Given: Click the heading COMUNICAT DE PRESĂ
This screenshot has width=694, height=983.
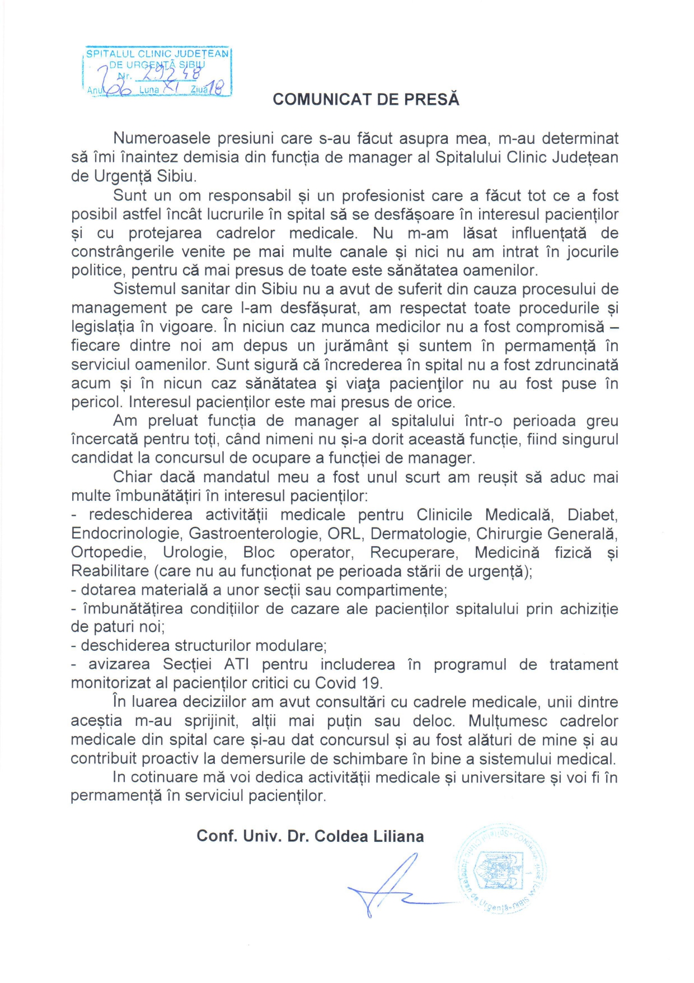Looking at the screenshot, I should pos(366,100).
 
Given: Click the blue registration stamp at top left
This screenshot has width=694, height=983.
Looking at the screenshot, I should pos(157,72).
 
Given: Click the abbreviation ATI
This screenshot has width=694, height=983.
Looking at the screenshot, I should pos(237,664).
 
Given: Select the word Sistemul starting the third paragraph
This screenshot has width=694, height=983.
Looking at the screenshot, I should pos(144,289).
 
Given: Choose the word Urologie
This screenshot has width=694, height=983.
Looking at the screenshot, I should pos(194,552).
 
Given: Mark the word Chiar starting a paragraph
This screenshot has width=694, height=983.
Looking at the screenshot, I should pos(133,477).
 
